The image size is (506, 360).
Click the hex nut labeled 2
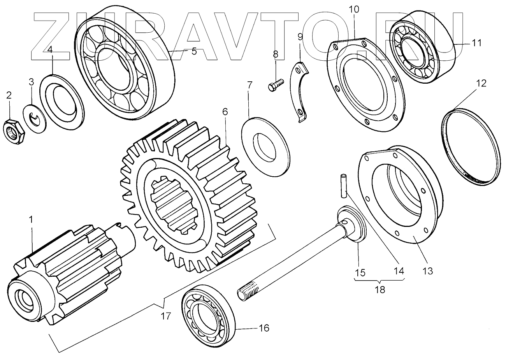coord(14,131)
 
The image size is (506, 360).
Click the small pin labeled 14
coord(343,186)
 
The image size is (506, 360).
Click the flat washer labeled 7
coord(266,144)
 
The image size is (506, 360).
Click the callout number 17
coord(166,316)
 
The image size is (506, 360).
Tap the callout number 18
coord(380,290)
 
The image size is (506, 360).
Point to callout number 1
coord(32,220)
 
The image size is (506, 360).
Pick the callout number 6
coord(225,112)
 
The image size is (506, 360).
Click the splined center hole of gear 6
coord(173,202)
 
